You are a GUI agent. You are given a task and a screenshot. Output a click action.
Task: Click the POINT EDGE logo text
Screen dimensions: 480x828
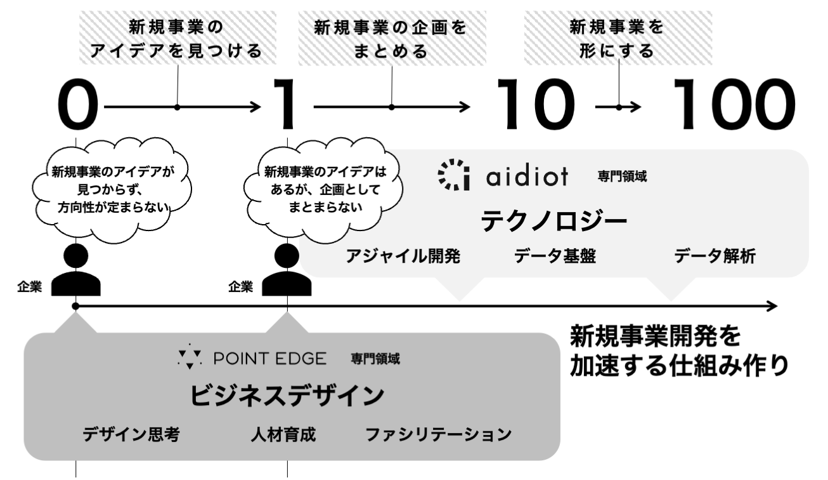point(269,360)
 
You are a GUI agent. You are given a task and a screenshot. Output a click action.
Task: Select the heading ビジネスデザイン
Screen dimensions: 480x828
point(287,396)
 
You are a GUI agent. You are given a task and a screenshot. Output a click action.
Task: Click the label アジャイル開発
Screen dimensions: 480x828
point(403,257)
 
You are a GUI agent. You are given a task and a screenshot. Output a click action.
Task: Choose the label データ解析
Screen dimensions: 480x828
point(714,257)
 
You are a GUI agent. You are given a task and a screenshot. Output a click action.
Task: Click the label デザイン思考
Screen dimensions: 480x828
point(132,435)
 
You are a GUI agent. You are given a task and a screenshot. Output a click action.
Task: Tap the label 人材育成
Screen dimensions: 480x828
point(283,435)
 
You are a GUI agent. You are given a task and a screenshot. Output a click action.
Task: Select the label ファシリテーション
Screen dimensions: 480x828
point(438,435)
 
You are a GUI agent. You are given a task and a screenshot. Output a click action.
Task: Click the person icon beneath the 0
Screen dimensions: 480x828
point(75,269)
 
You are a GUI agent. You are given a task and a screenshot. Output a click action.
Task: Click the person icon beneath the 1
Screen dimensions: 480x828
point(287,269)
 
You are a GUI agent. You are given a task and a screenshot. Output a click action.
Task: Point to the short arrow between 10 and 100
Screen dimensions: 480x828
point(618,107)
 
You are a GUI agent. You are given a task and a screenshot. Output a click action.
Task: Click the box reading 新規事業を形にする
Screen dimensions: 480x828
point(619,38)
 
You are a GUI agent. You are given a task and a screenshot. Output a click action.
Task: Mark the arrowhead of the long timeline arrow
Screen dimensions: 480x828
point(772,307)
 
